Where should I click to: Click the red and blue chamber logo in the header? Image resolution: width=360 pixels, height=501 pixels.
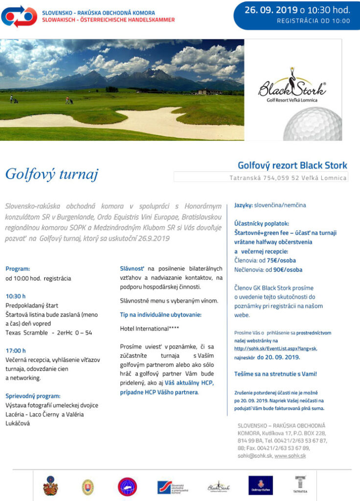[x=19, y=16]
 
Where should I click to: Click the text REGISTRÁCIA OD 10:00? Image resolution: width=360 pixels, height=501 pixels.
[x=313, y=21]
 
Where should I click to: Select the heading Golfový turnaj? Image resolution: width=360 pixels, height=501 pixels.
[x=52, y=174]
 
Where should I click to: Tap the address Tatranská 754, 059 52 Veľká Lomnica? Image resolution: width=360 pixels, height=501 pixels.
[x=288, y=178]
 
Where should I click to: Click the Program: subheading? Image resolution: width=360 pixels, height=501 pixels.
[x=18, y=269]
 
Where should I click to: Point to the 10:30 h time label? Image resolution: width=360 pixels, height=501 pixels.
[x=16, y=296]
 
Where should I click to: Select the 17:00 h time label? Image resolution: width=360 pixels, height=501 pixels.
[x=16, y=350]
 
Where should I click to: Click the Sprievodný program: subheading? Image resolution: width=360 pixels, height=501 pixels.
[x=33, y=396]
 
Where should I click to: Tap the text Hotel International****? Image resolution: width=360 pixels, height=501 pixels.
[x=146, y=328]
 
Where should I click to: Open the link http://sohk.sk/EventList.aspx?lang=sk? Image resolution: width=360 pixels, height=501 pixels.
[x=275, y=348]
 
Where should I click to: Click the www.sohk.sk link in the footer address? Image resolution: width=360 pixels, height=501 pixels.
[x=290, y=455]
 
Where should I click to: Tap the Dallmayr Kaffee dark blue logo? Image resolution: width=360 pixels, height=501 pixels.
[x=260, y=485]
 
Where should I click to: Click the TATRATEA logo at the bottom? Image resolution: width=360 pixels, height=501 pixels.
[x=301, y=484]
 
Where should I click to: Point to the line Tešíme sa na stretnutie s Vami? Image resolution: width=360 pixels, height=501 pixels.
[x=275, y=374]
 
